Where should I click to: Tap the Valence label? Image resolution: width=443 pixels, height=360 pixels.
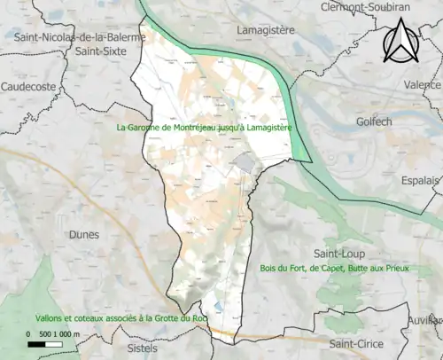(x=424, y=85)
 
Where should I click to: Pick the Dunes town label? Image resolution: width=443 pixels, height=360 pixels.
(x=82, y=234)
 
